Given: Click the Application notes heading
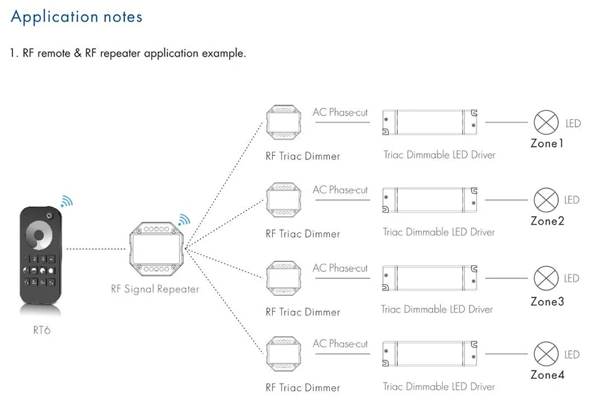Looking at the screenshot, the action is pos(76,17).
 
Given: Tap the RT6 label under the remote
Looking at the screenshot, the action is pos(42,330).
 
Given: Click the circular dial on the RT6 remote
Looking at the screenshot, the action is pos(39,235).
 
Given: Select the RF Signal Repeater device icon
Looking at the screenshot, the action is pos(156,249).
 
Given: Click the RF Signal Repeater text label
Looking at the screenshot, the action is pos(155,289).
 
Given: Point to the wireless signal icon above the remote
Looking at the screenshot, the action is pos(67,201).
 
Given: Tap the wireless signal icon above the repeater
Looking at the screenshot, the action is pos(184,220).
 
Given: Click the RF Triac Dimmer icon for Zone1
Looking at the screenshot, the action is pos(284,123).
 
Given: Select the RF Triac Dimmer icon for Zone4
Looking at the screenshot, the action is pos(284,354).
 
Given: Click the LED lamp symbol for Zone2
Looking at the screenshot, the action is pos(546,200).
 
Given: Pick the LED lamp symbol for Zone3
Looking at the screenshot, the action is pos(546,278).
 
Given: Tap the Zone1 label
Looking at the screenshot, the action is pos(547,143).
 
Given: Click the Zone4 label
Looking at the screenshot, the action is pos(547,375).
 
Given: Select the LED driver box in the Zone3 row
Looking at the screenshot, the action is pos(430,278).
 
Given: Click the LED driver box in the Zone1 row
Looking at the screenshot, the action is pos(430,123).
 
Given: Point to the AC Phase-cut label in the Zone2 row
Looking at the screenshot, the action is pos(340,190).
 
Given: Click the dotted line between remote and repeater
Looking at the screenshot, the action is pos(96,249).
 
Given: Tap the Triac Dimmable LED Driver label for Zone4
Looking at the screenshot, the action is pos(439,386).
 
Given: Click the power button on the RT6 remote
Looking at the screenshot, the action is pos(49,216).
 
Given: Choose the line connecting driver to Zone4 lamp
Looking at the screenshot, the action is pos(506,354).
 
